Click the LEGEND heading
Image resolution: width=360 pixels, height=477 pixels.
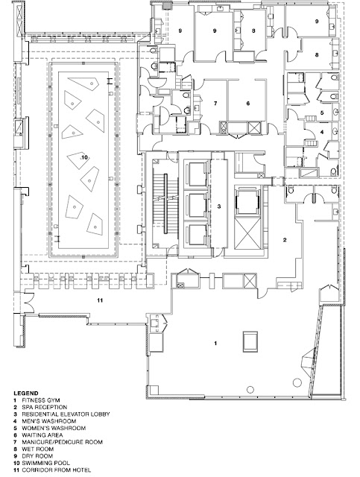[x=26, y=393]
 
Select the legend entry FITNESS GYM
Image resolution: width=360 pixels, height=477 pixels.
[x=41, y=400]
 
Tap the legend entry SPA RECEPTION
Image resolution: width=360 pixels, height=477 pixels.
[x=45, y=407]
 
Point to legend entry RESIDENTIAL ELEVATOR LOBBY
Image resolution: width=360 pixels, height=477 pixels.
[x=66, y=414]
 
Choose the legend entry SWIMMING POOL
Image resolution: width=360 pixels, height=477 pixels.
[x=45, y=463]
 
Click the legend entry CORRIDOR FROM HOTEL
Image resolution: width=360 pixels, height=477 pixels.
[x=57, y=470]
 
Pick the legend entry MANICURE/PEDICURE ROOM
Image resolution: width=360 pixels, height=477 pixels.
[x=62, y=442]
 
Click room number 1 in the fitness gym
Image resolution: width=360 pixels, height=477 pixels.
[x=215, y=343]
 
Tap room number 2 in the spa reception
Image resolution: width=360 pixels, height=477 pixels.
[x=285, y=240]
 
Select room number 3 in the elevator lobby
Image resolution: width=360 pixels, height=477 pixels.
[x=219, y=206]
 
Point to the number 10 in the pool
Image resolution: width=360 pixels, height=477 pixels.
[x=85, y=157]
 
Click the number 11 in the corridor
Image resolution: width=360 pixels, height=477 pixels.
[x=100, y=300]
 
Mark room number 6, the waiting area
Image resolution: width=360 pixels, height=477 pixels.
[x=248, y=104]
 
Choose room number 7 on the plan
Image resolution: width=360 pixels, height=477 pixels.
[x=215, y=104]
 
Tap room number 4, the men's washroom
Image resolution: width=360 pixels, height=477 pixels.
[x=322, y=133]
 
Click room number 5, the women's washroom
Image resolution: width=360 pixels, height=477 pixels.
[x=322, y=113]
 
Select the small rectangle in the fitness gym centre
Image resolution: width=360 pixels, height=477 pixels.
[x=250, y=341]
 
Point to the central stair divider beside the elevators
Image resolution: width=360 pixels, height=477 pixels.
[x=166, y=203]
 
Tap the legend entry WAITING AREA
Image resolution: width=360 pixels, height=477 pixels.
[x=42, y=435]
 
